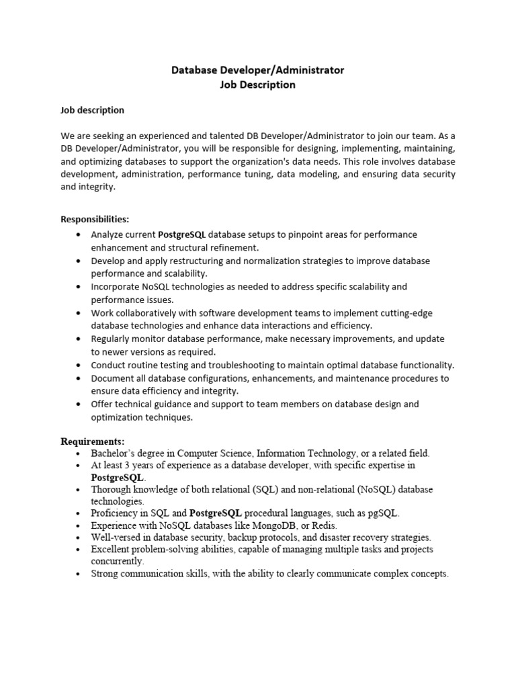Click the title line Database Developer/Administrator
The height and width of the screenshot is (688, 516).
tap(258, 70)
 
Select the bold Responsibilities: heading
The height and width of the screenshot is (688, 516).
tap(95, 219)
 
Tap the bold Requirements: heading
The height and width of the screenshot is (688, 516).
tap(93, 441)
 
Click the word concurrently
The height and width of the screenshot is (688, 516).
tap(118, 561)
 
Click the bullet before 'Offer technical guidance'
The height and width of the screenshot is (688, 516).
tap(79, 404)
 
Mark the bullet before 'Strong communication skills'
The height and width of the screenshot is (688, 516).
tap(79, 574)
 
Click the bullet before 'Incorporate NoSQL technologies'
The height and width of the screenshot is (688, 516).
tap(79, 287)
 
